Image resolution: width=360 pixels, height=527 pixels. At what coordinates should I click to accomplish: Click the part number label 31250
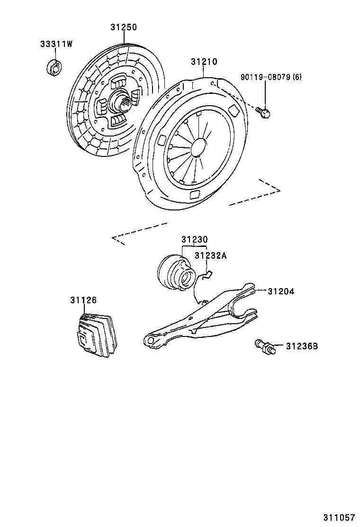[124, 27]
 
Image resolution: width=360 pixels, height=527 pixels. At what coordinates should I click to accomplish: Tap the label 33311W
[56, 45]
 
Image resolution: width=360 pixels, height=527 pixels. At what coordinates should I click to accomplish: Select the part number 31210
[204, 62]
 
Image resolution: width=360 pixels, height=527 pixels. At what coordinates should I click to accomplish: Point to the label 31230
[194, 240]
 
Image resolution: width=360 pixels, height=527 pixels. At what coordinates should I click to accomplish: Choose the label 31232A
[211, 256]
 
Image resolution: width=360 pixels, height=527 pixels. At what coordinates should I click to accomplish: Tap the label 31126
[83, 300]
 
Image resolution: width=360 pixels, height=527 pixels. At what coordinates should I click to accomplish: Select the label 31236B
[301, 346]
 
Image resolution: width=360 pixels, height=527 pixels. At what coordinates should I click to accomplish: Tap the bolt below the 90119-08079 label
[263, 112]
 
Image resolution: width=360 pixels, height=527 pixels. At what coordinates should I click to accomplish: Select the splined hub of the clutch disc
[117, 102]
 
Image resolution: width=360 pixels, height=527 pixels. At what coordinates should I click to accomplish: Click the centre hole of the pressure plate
[198, 145]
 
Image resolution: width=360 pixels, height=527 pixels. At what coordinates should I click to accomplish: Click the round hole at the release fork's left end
[151, 340]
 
